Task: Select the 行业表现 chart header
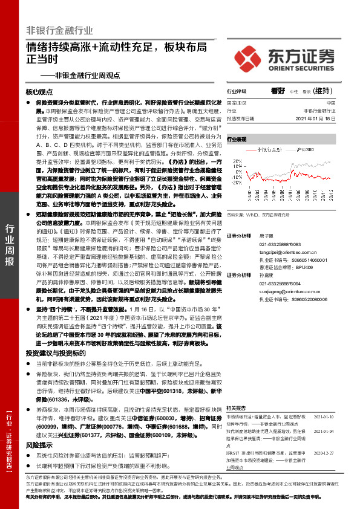tap(237, 138)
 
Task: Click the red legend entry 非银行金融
tap(266, 148)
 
